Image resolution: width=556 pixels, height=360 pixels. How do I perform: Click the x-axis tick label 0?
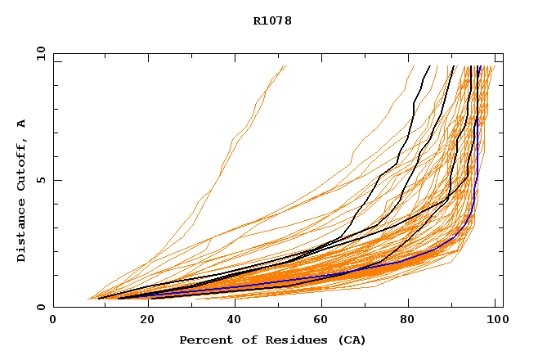tap(53, 321)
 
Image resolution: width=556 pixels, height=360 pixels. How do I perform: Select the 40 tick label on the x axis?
tap(235, 321)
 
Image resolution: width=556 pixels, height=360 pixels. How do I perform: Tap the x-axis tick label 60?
tap(323, 321)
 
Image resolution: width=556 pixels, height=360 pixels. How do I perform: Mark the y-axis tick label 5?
tap(41, 180)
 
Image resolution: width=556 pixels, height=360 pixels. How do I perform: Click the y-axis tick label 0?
tap(41, 307)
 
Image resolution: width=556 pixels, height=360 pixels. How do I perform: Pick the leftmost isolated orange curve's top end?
tap(286, 66)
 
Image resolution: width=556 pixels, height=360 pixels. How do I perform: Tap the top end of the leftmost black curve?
tap(428, 66)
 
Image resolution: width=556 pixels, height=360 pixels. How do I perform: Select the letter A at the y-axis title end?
tap(21, 123)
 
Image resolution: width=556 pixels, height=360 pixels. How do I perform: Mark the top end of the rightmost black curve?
tap(478, 66)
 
